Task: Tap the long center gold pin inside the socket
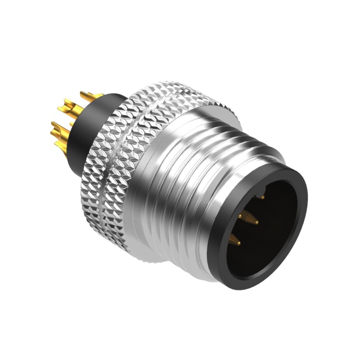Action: click(x=252, y=220)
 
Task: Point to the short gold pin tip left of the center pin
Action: click(x=239, y=216)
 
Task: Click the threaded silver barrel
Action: click(x=193, y=189)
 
